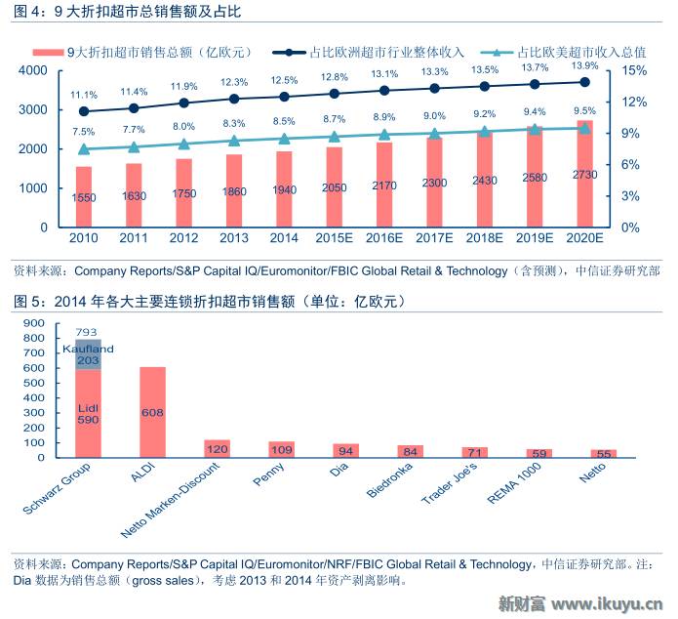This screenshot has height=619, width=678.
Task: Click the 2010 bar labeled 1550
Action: (x=84, y=196)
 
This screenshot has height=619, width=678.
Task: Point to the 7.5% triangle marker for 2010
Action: (x=84, y=149)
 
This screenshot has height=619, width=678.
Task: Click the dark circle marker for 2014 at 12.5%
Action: (x=284, y=97)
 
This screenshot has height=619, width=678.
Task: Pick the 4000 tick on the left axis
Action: (x=33, y=71)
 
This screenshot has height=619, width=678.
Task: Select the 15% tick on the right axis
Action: (x=633, y=71)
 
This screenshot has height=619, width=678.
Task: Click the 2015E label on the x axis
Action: (x=334, y=237)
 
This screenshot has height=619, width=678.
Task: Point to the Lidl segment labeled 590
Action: (x=89, y=413)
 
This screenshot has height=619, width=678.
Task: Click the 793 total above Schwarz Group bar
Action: (x=89, y=331)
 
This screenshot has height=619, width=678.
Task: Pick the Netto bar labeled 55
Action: (x=603, y=454)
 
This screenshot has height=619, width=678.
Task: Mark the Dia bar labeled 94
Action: (x=345, y=451)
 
